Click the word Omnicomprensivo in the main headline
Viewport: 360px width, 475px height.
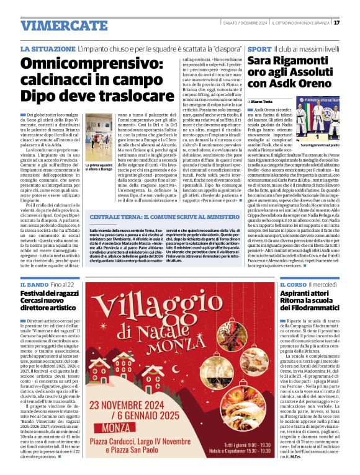[x=92, y=64]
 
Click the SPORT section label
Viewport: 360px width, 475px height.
[x=258, y=48]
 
